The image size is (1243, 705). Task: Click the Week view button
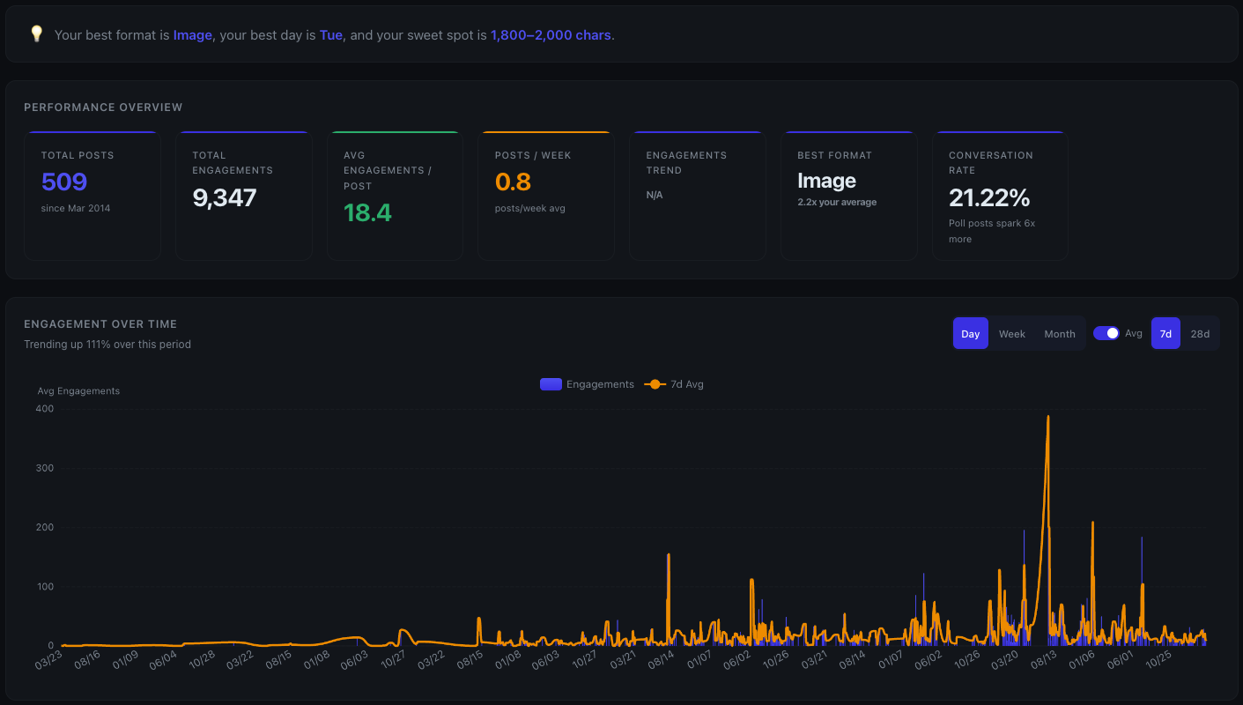pyautogui.click(x=1011, y=334)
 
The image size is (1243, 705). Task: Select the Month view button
pyautogui.click(x=1060, y=334)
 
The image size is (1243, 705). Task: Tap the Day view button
pyautogui.click(x=971, y=334)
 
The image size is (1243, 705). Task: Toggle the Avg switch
pyautogui.click(x=1106, y=333)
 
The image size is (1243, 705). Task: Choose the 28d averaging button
pyautogui.click(x=1200, y=334)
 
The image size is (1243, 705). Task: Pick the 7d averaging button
pyautogui.click(x=1165, y=334)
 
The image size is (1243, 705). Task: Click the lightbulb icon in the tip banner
pyautogui.click(x=36, y=34)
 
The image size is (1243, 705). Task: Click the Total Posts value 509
pyautogui.click(x=64, y=182)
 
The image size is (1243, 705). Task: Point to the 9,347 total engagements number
pyautogui.click(x=225, y=197)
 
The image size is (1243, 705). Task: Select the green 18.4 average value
pyautogui.click(x=367, y=212)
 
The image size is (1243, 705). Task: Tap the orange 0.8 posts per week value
pyautogui.click(x=513, y=182)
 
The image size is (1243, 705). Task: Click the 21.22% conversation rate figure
pyautogui.click(x=989, y=197)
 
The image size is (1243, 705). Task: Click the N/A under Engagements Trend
pyautogui.click(x=655, y=195)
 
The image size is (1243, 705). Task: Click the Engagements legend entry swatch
pyautogui.click(x=551, y=384)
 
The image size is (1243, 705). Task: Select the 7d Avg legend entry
pyautogui.click(x=675, y=384)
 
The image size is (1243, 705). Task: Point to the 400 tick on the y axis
pyautogui.click(x=45, y=409)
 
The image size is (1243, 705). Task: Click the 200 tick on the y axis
pyautogui.click(x=45, y=527)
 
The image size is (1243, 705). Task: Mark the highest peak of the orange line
pyautogui.click(x=1047, y=416)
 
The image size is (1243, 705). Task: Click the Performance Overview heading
pyautogui.click(x=103, y=108)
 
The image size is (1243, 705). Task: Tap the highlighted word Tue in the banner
pyautogui.click(x=331, y=35)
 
